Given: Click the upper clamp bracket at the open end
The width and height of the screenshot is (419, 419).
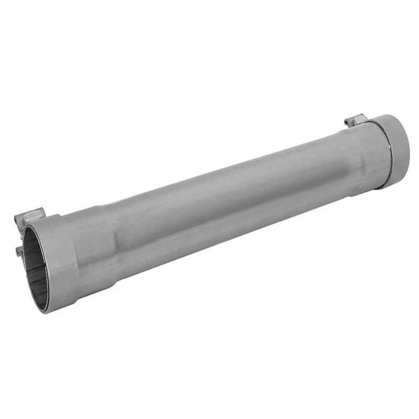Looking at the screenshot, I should [x=30, y=216].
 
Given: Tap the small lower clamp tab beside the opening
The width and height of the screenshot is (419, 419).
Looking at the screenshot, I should [x=20, y=251].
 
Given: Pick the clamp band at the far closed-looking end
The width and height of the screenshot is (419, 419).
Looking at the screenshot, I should [x=398, y=149].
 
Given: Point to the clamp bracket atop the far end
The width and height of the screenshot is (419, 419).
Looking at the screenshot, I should [x=356, y=120].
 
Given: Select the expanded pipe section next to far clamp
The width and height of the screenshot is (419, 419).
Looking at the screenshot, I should [x=367, y=157].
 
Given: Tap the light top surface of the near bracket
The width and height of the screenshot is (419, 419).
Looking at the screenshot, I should [x=31, y=212].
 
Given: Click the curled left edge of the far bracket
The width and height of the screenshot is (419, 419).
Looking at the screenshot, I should [x=347, y=123].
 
